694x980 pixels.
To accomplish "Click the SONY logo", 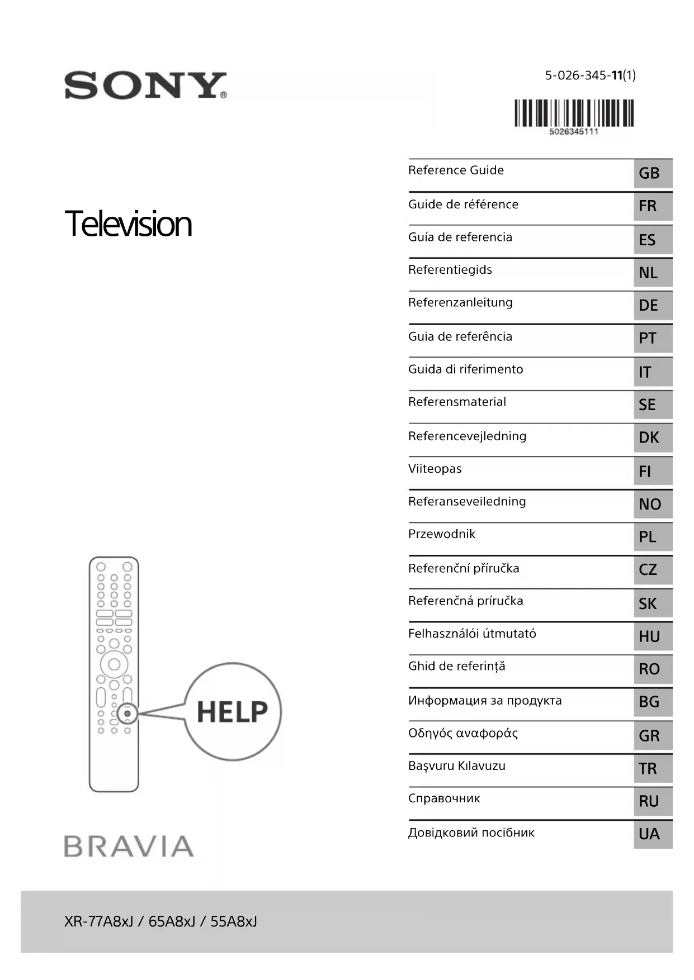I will tap(145, 85).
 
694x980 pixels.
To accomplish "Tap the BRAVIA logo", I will tap(129, 846).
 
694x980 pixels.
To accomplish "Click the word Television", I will tap(128, 223).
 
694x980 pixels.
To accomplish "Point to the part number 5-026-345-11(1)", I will tap(590, 75).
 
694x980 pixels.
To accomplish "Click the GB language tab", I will tap(652, 173).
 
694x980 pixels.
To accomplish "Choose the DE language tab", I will tap(652, 306).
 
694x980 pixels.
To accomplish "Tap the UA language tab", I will tap(652, 834).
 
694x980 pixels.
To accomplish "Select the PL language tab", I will tap(652, 537).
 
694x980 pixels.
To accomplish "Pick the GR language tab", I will tap(652, 736).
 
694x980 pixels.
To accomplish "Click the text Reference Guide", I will tap(456, 170).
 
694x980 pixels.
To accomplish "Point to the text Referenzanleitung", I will tap(460, 303).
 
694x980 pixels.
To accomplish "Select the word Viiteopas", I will tap(435, 469).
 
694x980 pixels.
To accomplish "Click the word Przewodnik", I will tap(442, 534).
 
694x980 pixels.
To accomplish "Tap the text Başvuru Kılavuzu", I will tap(456, 766).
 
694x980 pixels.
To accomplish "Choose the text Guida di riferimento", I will tap(465, 369).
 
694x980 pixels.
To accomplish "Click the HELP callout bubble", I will tap(233, 712).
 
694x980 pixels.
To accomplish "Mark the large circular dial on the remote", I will tap(114, 664).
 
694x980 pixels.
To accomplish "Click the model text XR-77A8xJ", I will tap(98, 921).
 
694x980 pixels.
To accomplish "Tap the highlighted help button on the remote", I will tap(128, 713).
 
